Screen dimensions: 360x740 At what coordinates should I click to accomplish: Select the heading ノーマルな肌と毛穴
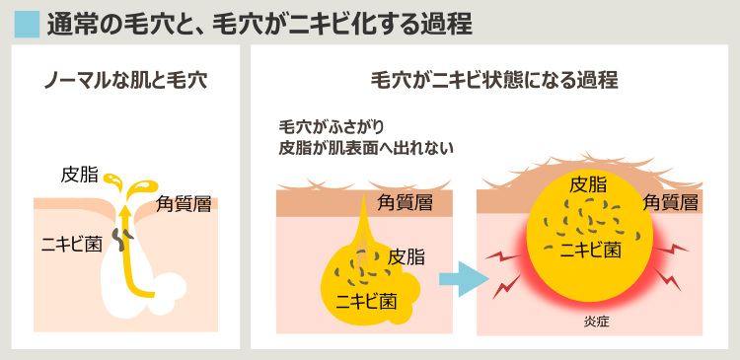[x=124, y=80]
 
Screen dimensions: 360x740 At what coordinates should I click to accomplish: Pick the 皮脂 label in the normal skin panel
[x=79, y=176]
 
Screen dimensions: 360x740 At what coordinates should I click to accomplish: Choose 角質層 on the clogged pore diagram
[x=406, y=203]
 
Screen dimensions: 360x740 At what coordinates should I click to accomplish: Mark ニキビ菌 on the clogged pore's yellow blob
[x=367, y=300]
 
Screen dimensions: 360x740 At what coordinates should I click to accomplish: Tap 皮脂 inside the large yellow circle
[x=588, y=185]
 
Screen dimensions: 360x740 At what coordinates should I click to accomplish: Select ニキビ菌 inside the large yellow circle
[x=590, y=249]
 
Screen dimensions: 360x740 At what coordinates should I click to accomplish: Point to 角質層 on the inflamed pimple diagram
[x=671, y=203]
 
